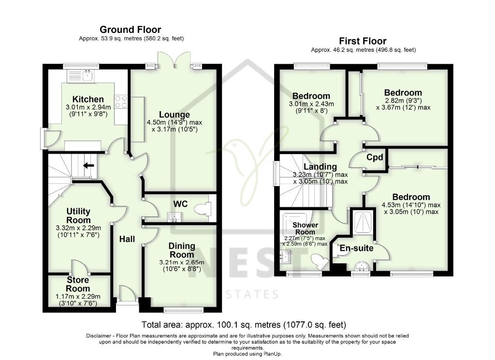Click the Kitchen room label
point(88,100)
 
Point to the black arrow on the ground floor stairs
point(88,166)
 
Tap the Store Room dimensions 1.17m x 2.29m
point(78,296)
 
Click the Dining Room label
point(182,250)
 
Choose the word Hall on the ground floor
point(127,238)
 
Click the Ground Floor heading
point(130,30)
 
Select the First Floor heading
point(363,41)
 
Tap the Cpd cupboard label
point(375,158)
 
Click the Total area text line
point(244,324)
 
